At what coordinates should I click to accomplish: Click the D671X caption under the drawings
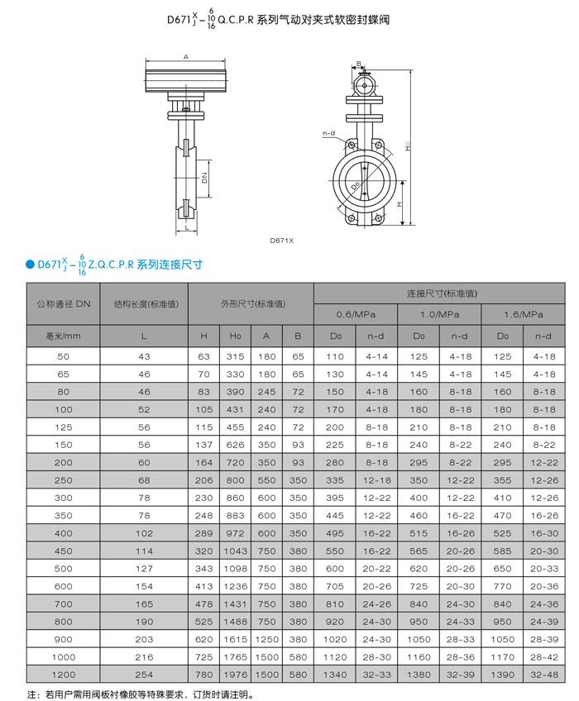click(x=282, y=241)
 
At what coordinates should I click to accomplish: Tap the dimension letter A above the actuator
click(x=187, y=56)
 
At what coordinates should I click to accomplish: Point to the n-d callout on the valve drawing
click(x=328, y=132)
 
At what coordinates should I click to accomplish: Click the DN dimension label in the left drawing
click(x=203, y=176)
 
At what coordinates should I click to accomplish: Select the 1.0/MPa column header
click(x=439, y=315)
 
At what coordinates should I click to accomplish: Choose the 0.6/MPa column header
click(x=356, y=315)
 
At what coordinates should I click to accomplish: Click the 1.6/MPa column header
click(x=523, y=315)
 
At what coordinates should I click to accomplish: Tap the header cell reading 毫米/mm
click(x=64, y=336)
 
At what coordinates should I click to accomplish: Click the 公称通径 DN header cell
click(x=64, y=303)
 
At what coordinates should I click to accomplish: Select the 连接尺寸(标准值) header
click(x=439, y=293)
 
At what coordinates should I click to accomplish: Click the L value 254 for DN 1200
click(x=144, y=675)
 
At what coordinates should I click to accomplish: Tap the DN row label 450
click(x=64, y=549)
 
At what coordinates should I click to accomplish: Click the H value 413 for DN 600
click(x=203, y=585)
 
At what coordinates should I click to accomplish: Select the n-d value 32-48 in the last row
click(x=543, y=675)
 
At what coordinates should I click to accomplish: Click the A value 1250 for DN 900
click(x=266, y=639)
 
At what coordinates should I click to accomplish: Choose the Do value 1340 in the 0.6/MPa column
click(x=335, y=675)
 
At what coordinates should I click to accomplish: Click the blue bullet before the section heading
click(x=30, y=265)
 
